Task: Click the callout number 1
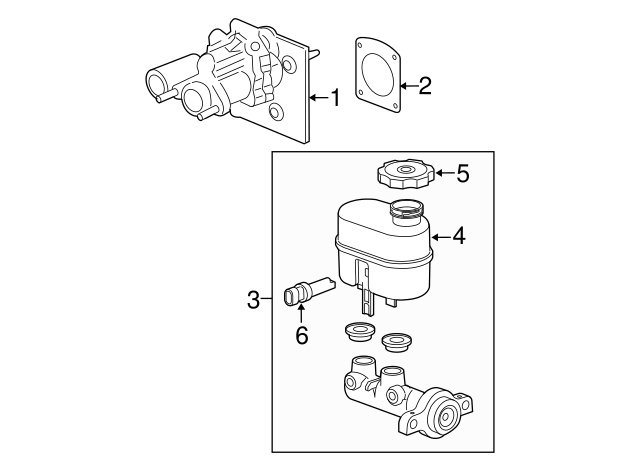click(336, 97)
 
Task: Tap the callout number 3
click(254, 299)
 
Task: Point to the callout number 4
click(458, 236)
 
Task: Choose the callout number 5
click(461, 173)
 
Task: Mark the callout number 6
click(299, 337)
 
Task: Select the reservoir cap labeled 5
click(405, 175)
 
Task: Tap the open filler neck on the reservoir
click(406, 210)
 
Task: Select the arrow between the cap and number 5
click(441, 173)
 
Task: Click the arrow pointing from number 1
click(318, 97)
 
